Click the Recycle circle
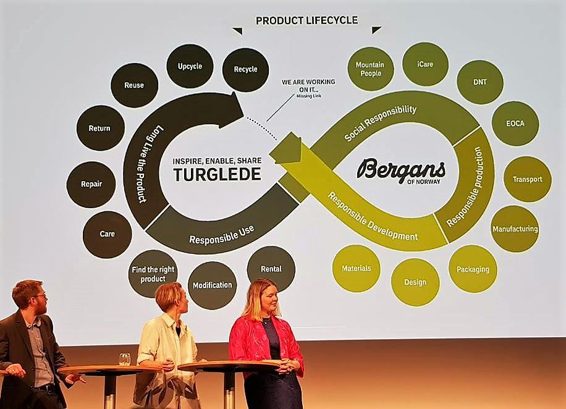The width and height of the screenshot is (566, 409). point(245,70)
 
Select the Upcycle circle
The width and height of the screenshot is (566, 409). point(190,66)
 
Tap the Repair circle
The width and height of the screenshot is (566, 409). point(91,184)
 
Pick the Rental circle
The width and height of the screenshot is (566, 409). point(271,269)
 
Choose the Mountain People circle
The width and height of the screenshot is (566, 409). point(370,69)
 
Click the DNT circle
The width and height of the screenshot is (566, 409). point(479,82)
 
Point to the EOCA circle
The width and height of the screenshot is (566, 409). point(515,124)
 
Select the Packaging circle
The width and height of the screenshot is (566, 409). point(473,269)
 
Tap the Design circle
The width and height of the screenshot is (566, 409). point(415,282)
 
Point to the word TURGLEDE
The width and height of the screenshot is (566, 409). point(217,174)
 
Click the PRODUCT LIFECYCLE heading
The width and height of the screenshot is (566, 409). point(307,20)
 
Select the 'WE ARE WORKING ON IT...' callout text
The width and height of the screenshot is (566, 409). point(308,85)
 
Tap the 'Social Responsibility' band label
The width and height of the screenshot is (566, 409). point(380,123)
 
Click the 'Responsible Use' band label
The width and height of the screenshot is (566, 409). point(222,235)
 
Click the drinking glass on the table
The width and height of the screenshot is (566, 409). point(124,359)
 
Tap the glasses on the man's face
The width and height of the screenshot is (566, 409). point(39,296)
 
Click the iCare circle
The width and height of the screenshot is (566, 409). point(425,65)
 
